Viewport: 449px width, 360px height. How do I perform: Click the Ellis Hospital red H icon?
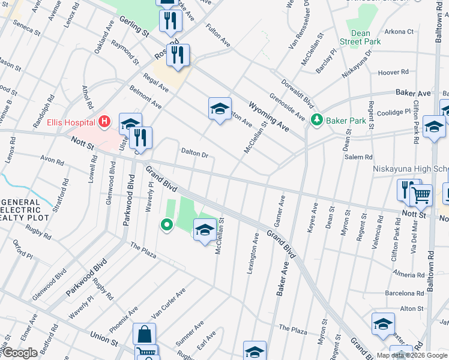[105, 122]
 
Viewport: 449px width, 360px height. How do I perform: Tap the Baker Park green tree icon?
[317, 120]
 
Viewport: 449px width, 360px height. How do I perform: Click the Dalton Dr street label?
[194, 155]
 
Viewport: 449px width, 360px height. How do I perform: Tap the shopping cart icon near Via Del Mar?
[421, 193]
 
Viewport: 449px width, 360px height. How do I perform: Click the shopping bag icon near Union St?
[144, 334]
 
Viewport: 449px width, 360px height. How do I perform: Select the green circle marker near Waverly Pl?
[166, 225]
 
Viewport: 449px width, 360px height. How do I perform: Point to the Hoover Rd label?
[393, 73]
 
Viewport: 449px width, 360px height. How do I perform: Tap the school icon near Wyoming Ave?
[220, 109]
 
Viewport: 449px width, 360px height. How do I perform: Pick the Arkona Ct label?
[400, 31]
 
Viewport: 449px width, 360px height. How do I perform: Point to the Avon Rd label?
[52, 161]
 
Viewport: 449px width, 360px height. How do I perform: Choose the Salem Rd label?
[360, 157]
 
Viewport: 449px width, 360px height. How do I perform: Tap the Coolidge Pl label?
[394, 112]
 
